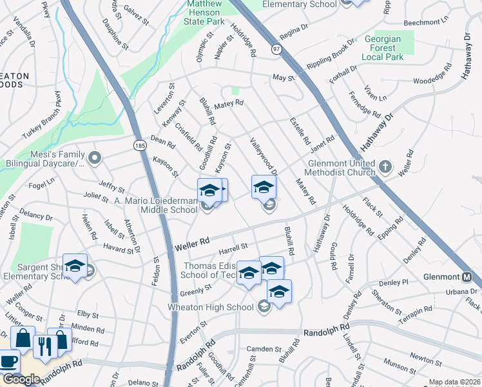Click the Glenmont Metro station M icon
468,277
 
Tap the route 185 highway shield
139,146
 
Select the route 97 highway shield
276,49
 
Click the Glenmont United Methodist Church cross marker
385,167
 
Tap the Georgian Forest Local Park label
382,48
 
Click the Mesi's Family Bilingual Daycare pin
95,157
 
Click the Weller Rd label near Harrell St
192,243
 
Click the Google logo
21,379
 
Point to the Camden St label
261,349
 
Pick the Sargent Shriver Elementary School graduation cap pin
75,267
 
